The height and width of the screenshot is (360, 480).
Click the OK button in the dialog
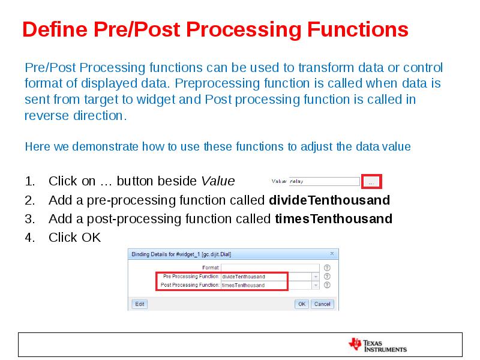[302, 304]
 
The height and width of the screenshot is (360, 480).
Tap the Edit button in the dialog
[139, 304]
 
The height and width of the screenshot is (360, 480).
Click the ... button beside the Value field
[372, 181]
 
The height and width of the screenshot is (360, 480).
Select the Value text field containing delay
[323, 181]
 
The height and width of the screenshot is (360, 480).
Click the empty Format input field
[270, 268]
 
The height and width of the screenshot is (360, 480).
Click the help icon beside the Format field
[327, 268]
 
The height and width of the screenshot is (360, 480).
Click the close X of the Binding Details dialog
[332, 254]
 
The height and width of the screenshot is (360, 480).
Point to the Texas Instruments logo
[377, 345]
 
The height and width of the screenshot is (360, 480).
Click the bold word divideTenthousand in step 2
[329, 200]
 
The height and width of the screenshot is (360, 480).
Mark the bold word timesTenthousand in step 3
[333, 218]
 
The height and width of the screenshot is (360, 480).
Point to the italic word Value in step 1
[218, 181]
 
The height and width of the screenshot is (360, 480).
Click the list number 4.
[30, 238]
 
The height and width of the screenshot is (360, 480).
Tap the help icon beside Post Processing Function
[327, 285]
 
